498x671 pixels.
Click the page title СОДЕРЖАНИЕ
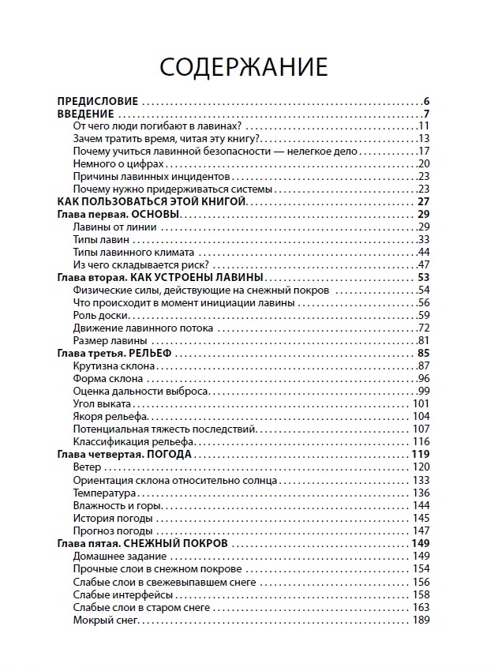click(x=244, y=67)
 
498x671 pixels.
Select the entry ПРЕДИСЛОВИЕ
click(x=99, y=101)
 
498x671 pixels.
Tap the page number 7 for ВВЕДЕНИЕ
click(x=425, y=114)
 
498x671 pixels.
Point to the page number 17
click(x=423, y=151)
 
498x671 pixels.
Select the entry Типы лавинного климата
click(x=123, y=252)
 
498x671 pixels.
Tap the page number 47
click(x=423, y=264)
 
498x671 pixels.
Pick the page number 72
click(x=423, y=328)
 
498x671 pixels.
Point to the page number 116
click(x=421, y=441)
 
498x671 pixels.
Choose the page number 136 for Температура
click(x=421, y=493)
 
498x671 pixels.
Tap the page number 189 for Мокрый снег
click(x=421, y=620)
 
